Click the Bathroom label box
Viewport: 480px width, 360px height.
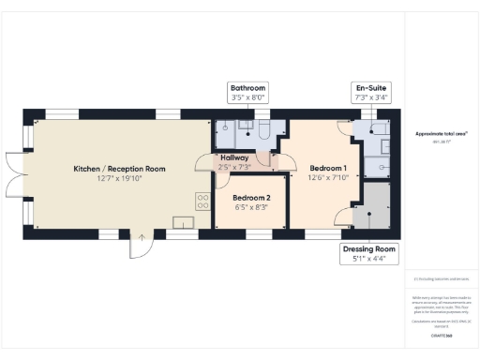coord(248,90)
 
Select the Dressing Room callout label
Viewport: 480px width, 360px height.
coord(368,253)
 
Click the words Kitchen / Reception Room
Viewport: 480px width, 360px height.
coord(119,169)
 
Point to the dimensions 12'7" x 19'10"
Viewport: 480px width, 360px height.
coord(119,179)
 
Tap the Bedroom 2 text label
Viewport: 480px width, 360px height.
coord(251,198)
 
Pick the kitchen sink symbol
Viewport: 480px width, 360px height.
coord(182,221)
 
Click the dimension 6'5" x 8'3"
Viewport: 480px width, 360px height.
coord(251,208)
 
